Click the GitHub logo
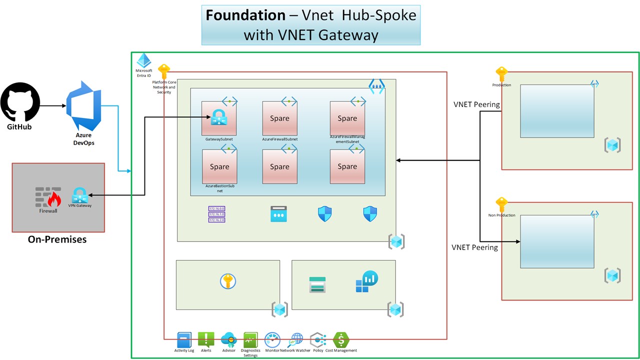tap(20, 103)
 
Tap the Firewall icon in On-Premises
tap(48, 197)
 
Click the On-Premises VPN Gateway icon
tap(80, 195)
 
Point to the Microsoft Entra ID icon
tap(144, 60)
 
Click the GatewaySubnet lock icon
tap(219, 118)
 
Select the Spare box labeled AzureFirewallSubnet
tap(279, 118)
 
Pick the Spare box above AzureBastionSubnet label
tap(219, 166)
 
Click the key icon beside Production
tap(501, 74)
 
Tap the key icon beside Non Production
tap(501, 205)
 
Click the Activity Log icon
tap(184, 340)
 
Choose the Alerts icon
tap(206, 340)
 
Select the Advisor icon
tap(228, 340)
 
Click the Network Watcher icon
tap(295, 340)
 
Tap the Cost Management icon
tap(341, 340)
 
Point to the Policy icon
tap(317, 340)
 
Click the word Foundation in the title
tap(245, 15)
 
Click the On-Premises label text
tap(57, 239)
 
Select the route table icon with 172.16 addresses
tap(216, 213)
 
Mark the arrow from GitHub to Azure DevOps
tap(52, 106)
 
